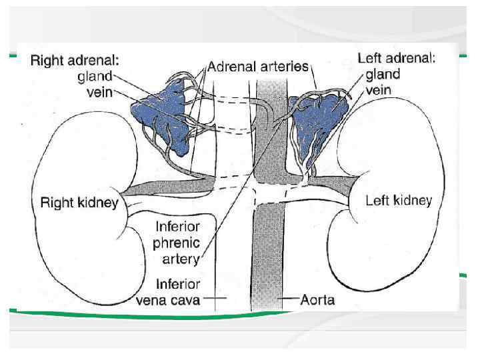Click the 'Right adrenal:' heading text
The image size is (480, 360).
pyautogui.click(x=75, y=61)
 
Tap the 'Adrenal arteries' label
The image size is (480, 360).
pyautogui.click(x=259, y=67)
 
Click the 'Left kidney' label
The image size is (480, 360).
pyautogui.click(x=399, y=200)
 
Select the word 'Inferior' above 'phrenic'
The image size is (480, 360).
pyautogui.click(x=177, y=227)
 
